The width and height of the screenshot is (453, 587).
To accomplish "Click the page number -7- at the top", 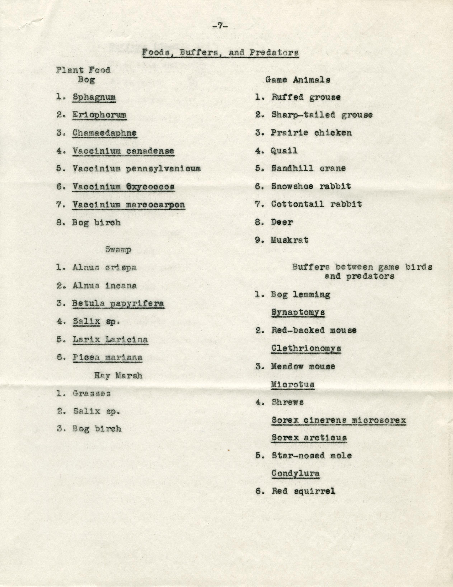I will (x=220, y=26).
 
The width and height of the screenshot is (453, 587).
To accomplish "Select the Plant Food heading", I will (x=83, y=70).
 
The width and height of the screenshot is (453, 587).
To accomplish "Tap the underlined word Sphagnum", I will (x=94, y=97).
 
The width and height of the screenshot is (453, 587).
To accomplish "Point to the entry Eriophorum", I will (x=99, y=115).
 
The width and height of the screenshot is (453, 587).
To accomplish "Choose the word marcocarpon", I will (x=156, y=205).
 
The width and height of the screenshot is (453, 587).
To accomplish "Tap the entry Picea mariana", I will (x=107, y=358).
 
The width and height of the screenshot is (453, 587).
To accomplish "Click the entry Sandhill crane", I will (x=308, y=169).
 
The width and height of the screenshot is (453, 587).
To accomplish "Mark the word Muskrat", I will (x=289, y=240).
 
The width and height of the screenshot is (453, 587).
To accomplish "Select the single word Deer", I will (x=282, y=222).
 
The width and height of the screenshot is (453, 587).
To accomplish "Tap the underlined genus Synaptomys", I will (x=298, y=312).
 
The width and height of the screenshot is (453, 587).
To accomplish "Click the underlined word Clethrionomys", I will (x=306, y=348).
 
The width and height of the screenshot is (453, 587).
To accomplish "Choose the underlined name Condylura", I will (x=295, y=473).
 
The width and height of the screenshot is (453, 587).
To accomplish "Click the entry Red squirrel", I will (x=303, y=491).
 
